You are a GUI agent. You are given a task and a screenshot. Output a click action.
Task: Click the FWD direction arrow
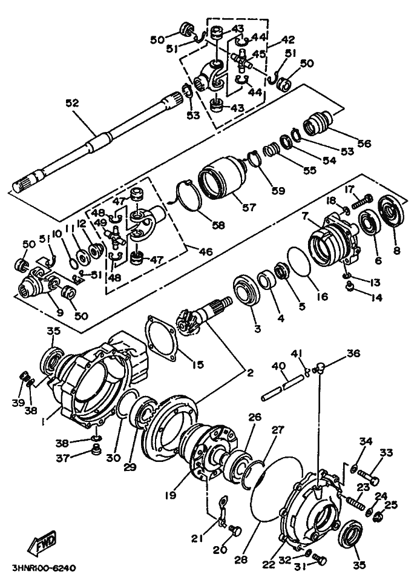(42, 542)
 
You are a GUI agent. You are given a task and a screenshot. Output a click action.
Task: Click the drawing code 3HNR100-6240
(44, 567)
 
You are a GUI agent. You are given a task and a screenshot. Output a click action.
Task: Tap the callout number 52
(73, 102)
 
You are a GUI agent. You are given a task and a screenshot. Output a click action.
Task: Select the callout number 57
(249, 207)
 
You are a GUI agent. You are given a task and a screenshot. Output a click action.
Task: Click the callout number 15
(198, 364)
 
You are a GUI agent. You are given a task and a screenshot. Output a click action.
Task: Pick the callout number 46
(206, 252)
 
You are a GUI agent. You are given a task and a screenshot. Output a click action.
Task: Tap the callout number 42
(287, 39)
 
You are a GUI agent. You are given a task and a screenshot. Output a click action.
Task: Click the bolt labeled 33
(368, 477)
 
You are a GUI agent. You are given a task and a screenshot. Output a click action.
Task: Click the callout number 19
(171, 495)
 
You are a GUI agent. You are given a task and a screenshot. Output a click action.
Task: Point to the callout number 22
(269, 564)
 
